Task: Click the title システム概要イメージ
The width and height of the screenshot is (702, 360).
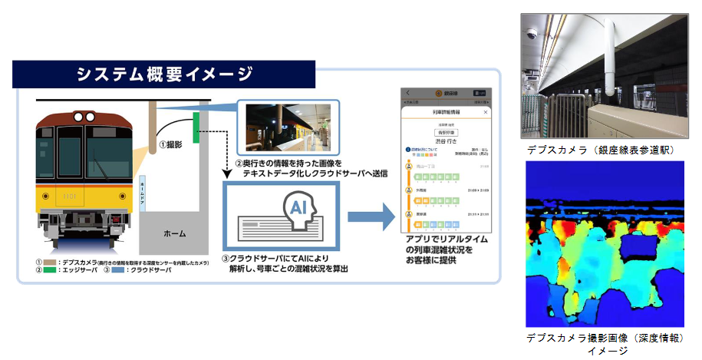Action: tap(164, 75)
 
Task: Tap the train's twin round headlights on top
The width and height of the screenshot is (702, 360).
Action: tap(86, 116)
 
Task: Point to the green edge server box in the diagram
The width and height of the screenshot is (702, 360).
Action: tap(196, 126)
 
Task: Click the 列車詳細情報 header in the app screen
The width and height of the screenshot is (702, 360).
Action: tap(445, 112)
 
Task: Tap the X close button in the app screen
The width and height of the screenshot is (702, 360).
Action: tap(485, 112)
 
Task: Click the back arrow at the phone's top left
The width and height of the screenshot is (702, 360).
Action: tap(407, 93)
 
